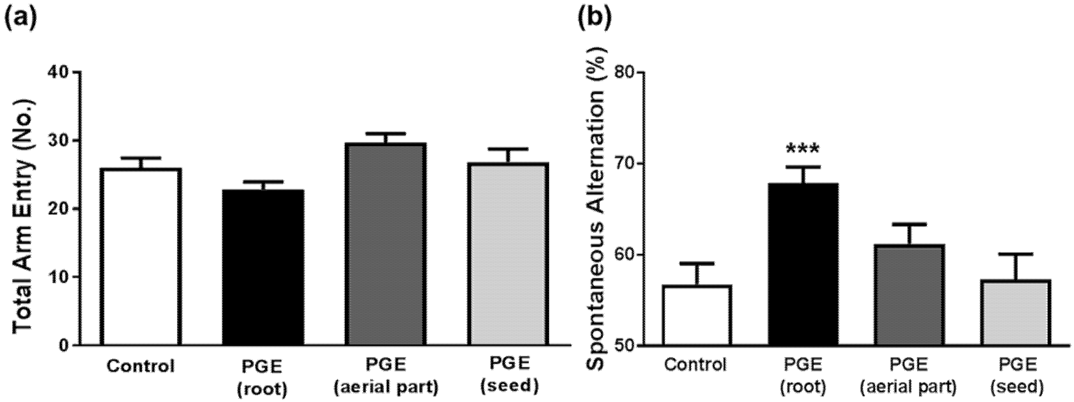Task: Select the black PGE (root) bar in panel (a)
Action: [263, 267]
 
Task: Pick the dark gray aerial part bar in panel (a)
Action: [385, 244]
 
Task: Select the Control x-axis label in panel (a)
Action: [141, 366]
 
